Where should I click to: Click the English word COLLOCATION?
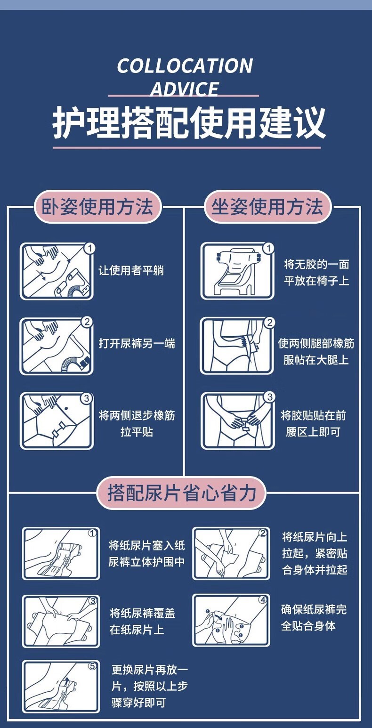click(185, 66)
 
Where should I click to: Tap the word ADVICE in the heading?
click(185, 89)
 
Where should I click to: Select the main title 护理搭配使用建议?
click(189, 123)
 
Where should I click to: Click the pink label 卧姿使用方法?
click(97, 207)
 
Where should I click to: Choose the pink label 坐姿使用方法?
click(267, 207)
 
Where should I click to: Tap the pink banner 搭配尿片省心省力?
click(181, 493)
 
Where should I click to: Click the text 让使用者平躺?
click(131, 270)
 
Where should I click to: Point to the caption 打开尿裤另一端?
click(137, 344)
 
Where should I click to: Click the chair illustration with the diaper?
click(237, 271)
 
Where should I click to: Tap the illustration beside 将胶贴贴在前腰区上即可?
click(237, 421)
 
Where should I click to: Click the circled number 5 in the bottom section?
click(92, 666)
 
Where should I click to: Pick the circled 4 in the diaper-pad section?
click(263, 599)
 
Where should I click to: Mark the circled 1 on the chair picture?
click(268, 249)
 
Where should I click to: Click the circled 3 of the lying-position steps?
click(87, 398)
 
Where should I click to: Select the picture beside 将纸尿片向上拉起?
click(231, 553)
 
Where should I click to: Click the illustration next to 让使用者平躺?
click(57, 271)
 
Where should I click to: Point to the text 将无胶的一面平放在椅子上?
click(316, 272)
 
